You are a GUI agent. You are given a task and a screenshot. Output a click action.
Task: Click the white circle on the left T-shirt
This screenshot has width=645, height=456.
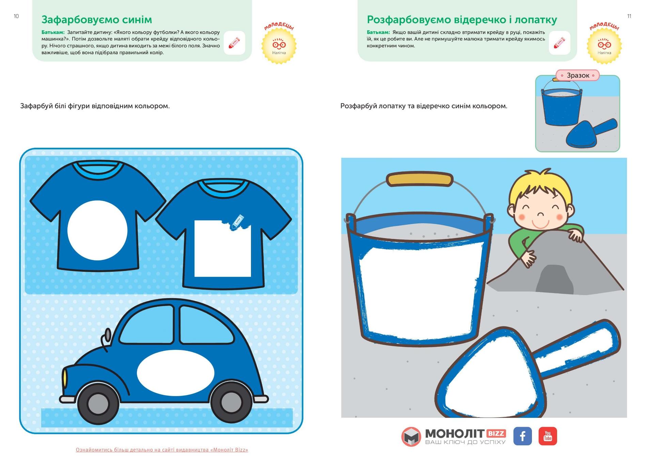[x=97, y=230]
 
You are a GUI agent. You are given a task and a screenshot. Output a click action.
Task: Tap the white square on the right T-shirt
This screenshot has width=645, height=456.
[x=222, y=249]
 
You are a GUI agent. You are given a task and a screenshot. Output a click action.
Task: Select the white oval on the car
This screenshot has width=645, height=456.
[x=175, y=373]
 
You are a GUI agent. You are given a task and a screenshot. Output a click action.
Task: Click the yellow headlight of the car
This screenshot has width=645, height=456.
[x=64, y=378]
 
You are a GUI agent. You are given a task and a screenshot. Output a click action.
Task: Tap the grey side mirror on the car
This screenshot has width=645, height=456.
[x=108, y=335]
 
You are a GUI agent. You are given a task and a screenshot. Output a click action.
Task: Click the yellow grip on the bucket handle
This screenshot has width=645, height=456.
[x=420, y=179]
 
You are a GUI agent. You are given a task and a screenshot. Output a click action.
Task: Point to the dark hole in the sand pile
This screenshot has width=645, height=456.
[x=555, y=279]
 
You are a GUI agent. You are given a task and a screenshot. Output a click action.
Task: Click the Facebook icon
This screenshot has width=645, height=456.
[x=522, y=436]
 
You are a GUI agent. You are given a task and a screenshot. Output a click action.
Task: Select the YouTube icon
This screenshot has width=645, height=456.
[x=548, y=436]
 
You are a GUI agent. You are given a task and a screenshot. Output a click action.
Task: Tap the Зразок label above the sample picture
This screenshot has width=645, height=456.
[x=578, y=75]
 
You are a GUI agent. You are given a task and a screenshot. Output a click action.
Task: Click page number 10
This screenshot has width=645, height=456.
[x=16, y=16]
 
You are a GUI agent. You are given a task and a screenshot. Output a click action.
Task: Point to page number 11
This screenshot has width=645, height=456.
[x=629, y=16]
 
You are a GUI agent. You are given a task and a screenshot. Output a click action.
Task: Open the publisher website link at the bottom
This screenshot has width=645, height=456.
[x=162, y=450]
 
